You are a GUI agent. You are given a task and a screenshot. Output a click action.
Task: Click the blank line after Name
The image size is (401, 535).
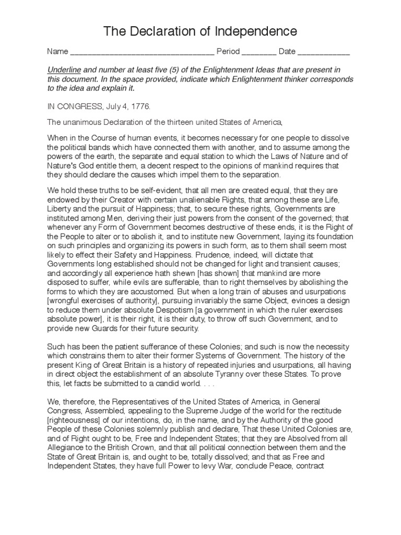[142, 52]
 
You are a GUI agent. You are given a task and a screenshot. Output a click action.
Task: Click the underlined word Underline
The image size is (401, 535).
[64, 70]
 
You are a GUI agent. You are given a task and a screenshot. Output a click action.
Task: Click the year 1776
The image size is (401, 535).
[139, 106]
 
